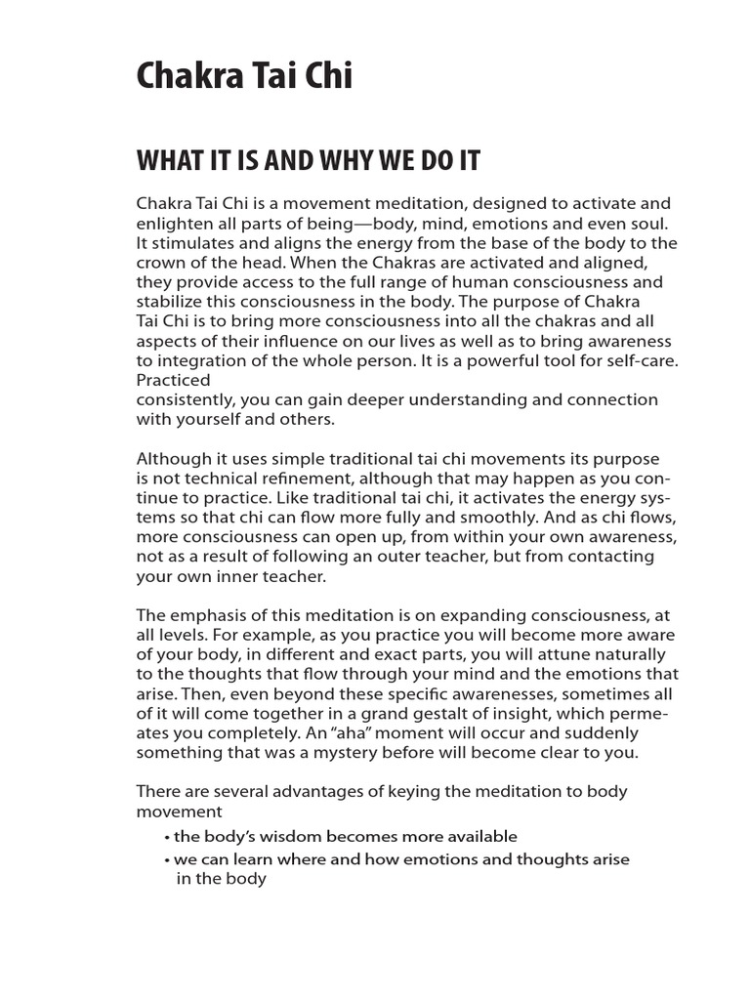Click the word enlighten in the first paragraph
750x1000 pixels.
pos(173,224)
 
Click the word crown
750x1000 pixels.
pos(160,263)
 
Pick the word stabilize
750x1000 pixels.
pos(172,302)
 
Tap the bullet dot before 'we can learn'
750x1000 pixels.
pos(168,859)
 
